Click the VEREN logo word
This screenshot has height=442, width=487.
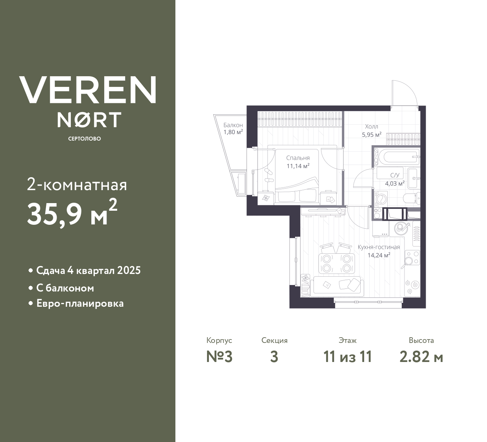(x=88, y=90)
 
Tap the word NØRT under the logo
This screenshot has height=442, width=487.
(x=89, y=120)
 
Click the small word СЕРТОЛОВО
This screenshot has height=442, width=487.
(x=84, y=139)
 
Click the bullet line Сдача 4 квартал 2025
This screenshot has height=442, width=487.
(x=88, y=271)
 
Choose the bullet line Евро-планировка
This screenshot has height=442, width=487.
(x=80, y=304)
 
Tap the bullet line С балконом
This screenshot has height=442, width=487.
(x=65, y=288)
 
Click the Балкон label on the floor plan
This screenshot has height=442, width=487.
(x=233, y=125)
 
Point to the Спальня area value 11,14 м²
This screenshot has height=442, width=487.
(x=298, y=166)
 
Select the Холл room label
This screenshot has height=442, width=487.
(x=371, y=127)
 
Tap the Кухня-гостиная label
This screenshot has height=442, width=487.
(x=379, y=247)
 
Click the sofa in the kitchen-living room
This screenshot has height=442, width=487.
(x=337, y=285)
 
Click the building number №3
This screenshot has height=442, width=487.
(x=219, y=357)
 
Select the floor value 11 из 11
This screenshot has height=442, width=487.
(x=347, y=357)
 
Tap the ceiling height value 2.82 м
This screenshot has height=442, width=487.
(x=421, y=357)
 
